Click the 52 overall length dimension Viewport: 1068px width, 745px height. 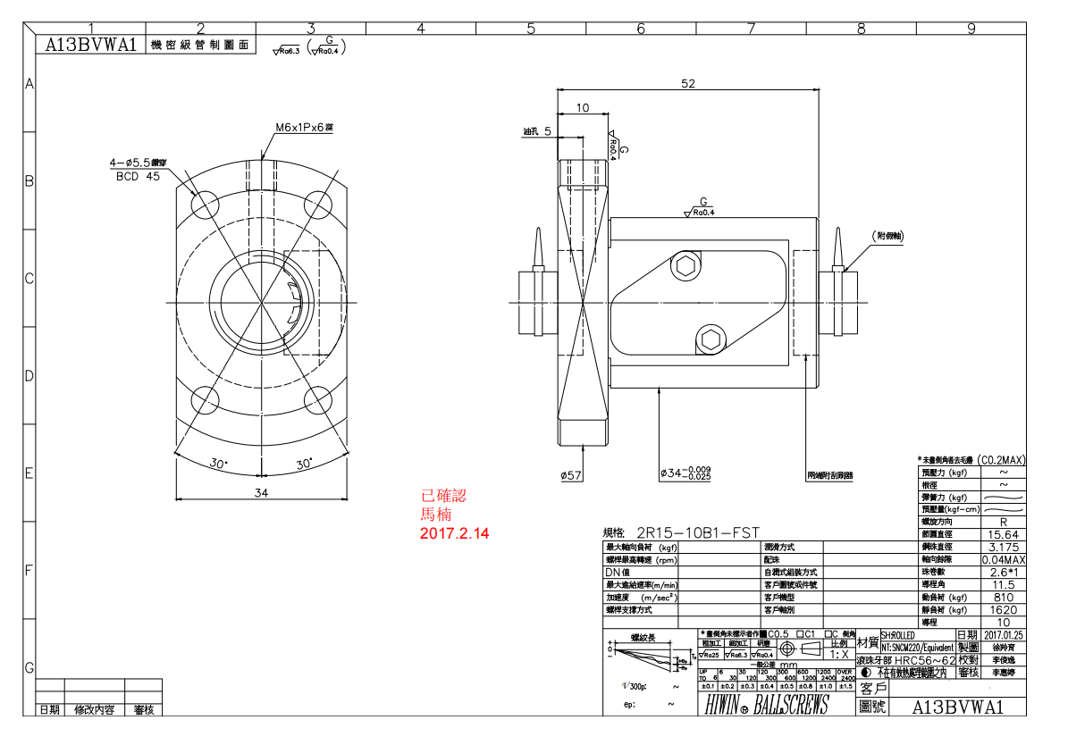tap(687, 83)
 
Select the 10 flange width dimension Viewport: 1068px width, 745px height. tap(582, 108)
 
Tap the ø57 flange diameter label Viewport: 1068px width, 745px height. tap(571, 475)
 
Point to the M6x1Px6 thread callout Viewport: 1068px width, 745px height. tap(304, 128)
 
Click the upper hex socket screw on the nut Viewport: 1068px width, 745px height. tap(685, 265)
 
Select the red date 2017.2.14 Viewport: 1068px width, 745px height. tap(455, 533)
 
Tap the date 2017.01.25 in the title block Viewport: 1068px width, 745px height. tap(1003, 634)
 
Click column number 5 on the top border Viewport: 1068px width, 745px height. tap(530, 29)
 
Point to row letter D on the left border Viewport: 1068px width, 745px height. tap(29, 375)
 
